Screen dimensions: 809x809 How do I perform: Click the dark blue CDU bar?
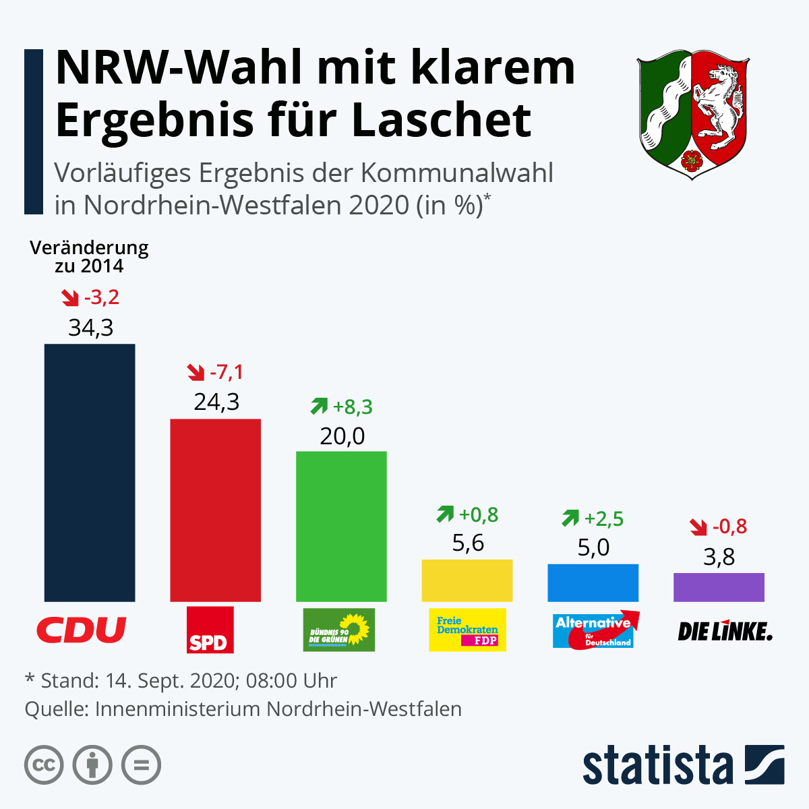coord(90,472)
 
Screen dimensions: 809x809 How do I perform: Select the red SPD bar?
coord(215,510)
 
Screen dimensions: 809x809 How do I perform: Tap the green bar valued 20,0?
coord(341,526)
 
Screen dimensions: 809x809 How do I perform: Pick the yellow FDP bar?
coord(467,580)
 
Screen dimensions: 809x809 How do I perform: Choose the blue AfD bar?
coord(593,582)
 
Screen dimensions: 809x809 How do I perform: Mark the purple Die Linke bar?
coord(719,587)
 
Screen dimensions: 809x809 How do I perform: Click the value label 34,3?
coord(90,328)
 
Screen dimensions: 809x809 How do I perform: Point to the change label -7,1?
coord(227,372)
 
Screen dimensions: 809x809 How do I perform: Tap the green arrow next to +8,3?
coord(318,407)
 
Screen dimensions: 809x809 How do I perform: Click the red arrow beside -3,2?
coord(69,297)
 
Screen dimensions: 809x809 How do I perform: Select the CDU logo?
coord(82,630)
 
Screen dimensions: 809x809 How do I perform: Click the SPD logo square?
coord(210,630)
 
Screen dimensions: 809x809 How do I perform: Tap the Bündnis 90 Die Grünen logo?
coord(338,630)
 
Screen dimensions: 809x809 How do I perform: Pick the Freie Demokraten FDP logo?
coord(467,630)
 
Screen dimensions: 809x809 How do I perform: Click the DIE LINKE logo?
coord(725,631)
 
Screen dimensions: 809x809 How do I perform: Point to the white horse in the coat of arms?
coord(720,101)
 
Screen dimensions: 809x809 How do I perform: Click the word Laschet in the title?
coord(442,120)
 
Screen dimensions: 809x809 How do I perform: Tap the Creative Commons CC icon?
coord(44,765)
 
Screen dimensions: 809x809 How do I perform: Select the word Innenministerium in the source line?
coord(178,709)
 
